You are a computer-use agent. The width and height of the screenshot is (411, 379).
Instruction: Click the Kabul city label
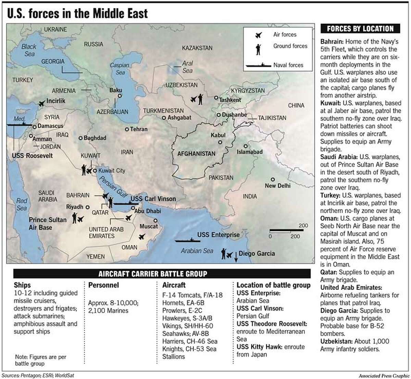click(218, 135)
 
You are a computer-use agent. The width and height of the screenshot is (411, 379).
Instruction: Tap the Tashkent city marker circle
click(216, 98)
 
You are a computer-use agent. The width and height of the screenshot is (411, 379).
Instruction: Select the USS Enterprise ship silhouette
click(185, 240)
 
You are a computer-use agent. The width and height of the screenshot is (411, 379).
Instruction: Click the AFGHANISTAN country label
click(196, 154)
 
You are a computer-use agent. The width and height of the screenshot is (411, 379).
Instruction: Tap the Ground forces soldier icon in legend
click(258, 49)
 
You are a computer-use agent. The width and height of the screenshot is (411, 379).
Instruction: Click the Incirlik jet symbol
click(41, 103)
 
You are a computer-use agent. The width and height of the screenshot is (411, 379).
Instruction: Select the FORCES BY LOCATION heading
click(360, 29)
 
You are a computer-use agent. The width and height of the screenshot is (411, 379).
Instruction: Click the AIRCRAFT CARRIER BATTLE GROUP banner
click(153, 274)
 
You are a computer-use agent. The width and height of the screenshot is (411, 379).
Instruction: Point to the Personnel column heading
click(103, 285)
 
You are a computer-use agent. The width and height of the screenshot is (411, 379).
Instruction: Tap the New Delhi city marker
click(273, 179)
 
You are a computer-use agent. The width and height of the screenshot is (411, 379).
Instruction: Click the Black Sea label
click(29, 50)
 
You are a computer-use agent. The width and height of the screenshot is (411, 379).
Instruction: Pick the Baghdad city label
click(95, 138)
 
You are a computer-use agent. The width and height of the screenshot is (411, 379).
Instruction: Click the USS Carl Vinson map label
click(153, 199)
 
